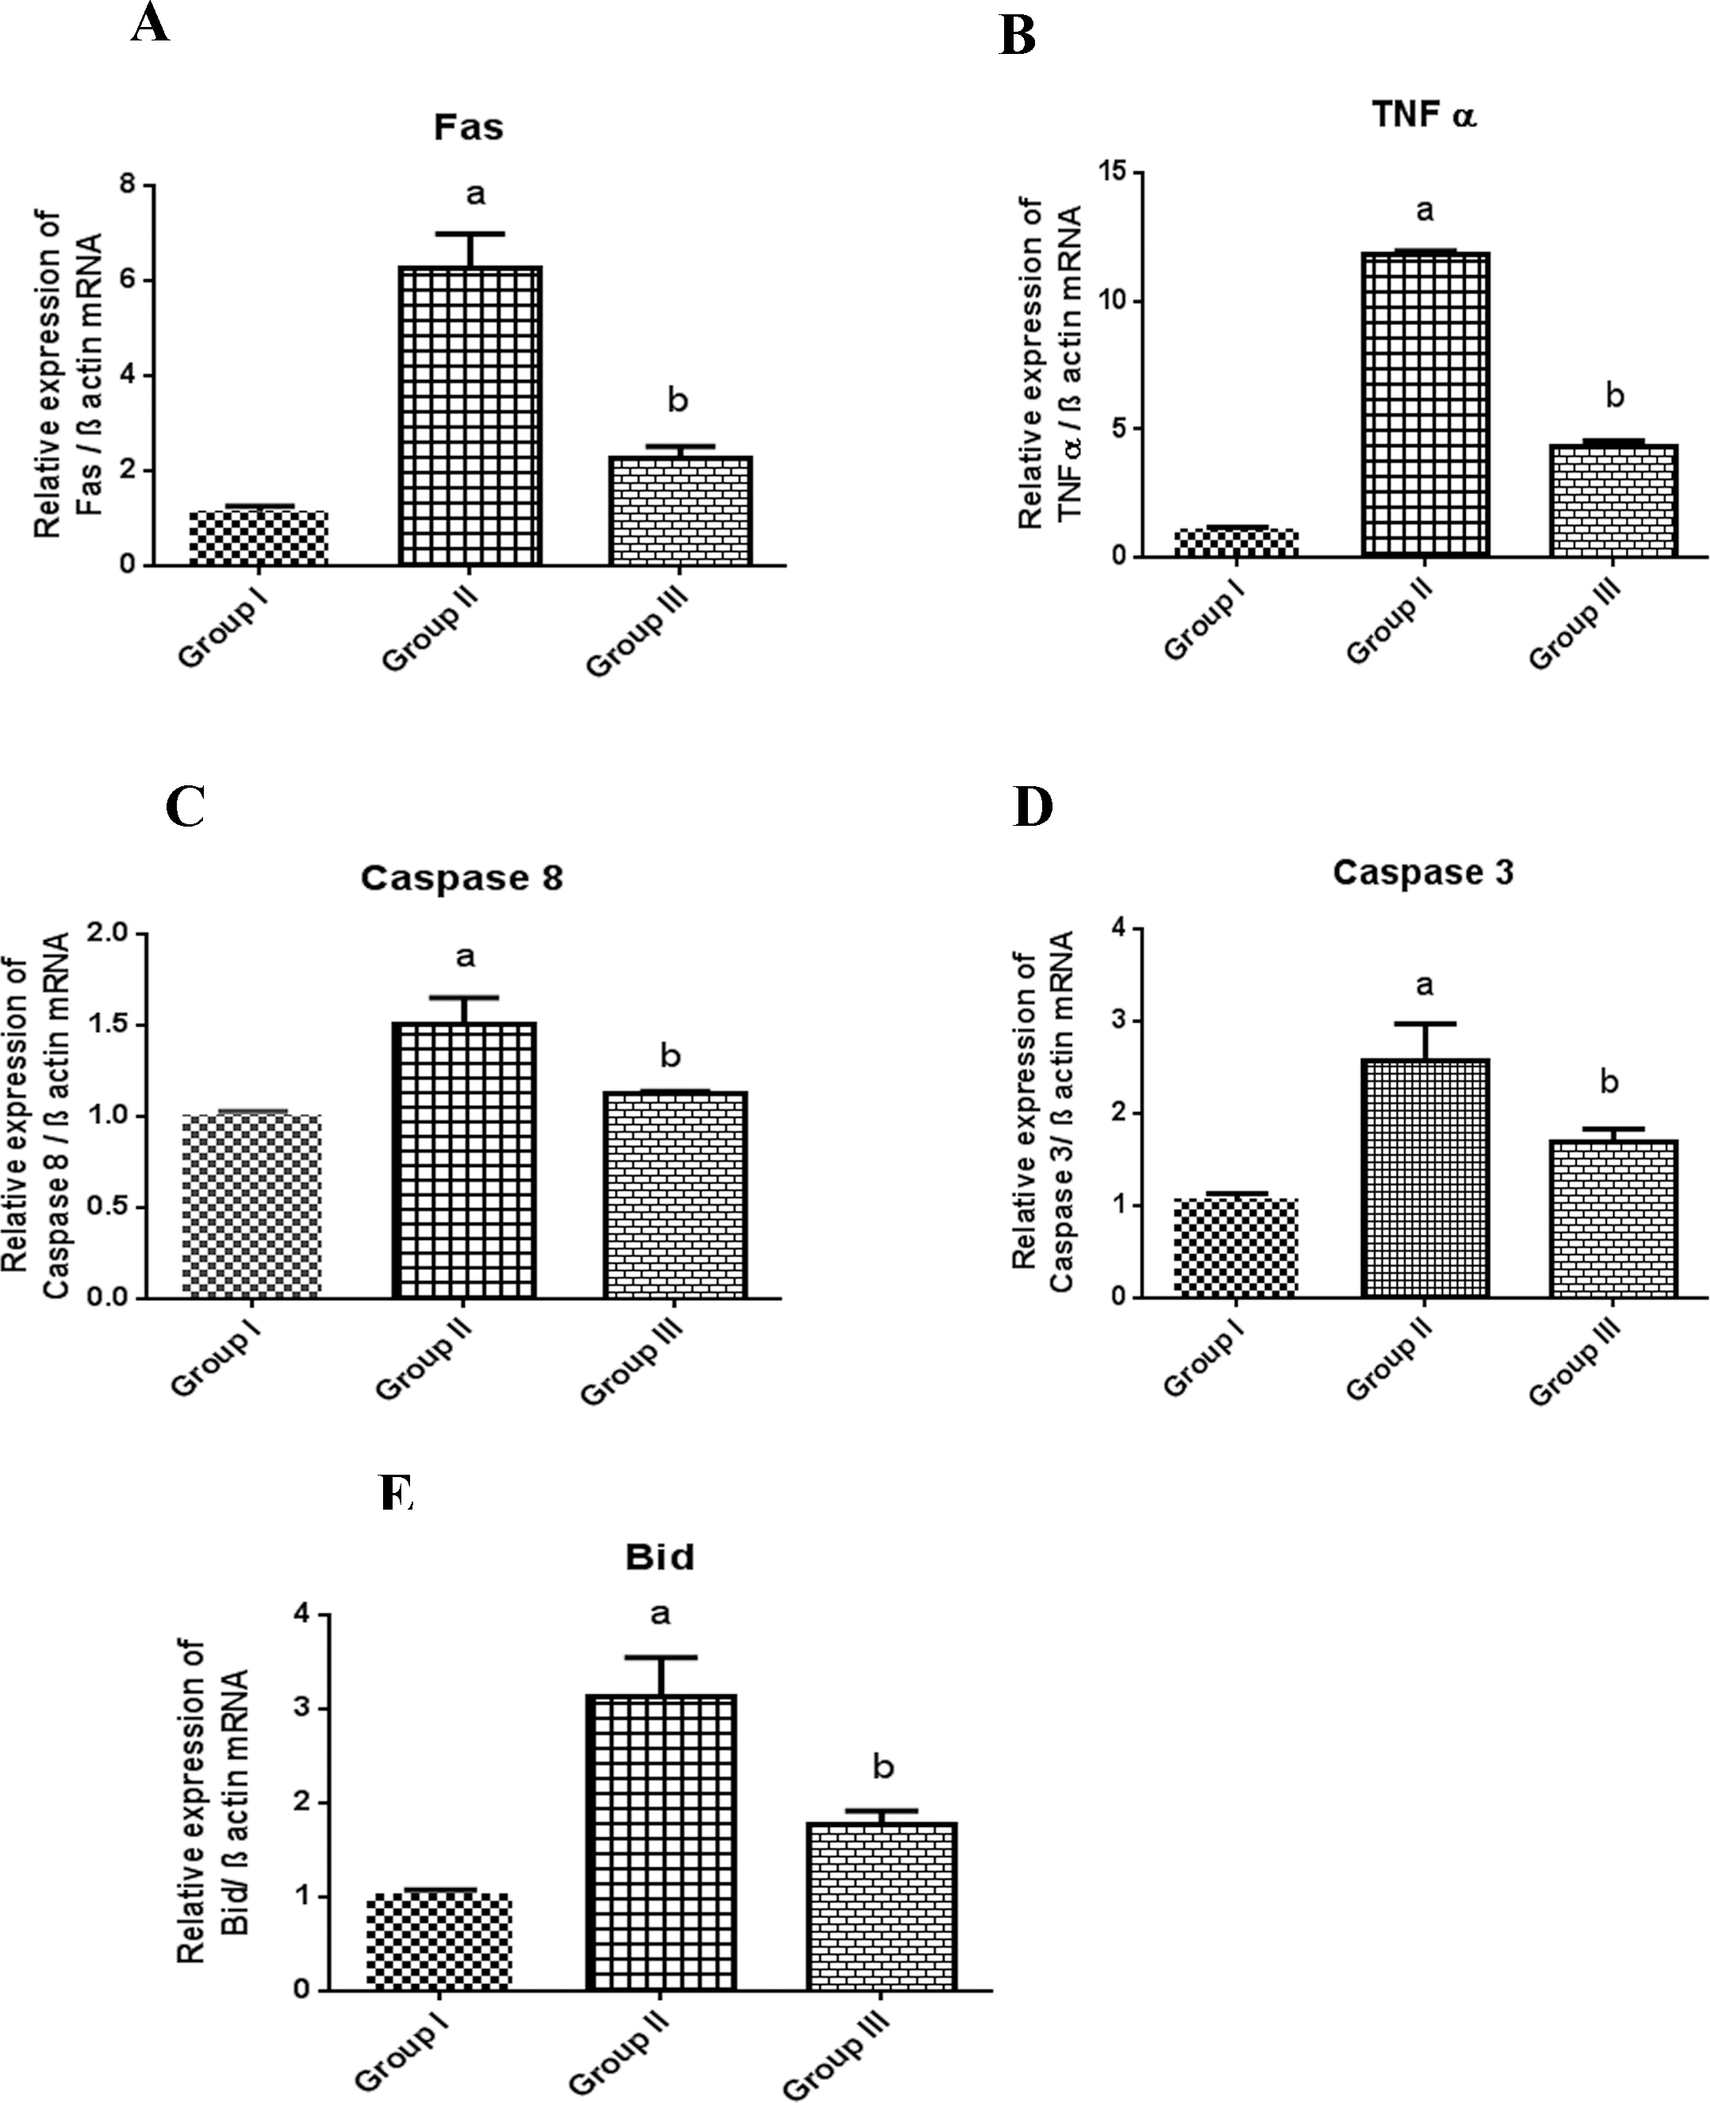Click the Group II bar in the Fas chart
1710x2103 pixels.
471,416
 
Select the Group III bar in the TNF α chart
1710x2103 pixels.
1613,501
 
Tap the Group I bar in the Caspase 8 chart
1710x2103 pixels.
251,1206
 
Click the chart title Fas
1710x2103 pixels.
469,127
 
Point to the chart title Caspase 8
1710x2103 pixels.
461,877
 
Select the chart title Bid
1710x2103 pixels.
659,1557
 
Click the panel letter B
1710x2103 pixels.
1018,37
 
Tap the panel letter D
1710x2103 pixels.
1033,807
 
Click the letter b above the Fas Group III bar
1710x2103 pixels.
677,400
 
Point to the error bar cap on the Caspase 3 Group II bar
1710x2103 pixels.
1424,1023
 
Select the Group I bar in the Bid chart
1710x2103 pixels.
439,1940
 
